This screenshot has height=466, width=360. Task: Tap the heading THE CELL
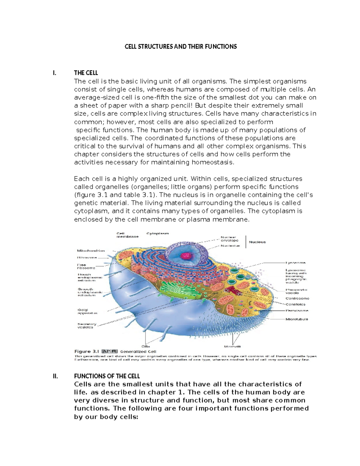[x=86, y=73]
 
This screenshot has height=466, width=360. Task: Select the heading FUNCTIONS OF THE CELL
[x=107, y=376]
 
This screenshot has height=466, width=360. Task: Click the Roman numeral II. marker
[x=55, y=376]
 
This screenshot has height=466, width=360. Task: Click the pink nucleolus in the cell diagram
[x=187, y=256]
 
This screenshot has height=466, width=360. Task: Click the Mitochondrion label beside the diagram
[x=91, y=251]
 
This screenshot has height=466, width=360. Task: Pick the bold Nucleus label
[x=257, y=242]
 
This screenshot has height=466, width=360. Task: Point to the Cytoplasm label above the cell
[x=157, y=233]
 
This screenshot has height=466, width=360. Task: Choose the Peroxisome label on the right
[x=297, y=311]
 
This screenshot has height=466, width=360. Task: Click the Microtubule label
[x=297, y=319]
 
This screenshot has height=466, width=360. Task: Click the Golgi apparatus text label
[x=87, y=311]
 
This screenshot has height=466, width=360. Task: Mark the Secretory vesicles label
[x=87, y=326]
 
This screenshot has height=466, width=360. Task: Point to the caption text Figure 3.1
[x=87, y=351]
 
